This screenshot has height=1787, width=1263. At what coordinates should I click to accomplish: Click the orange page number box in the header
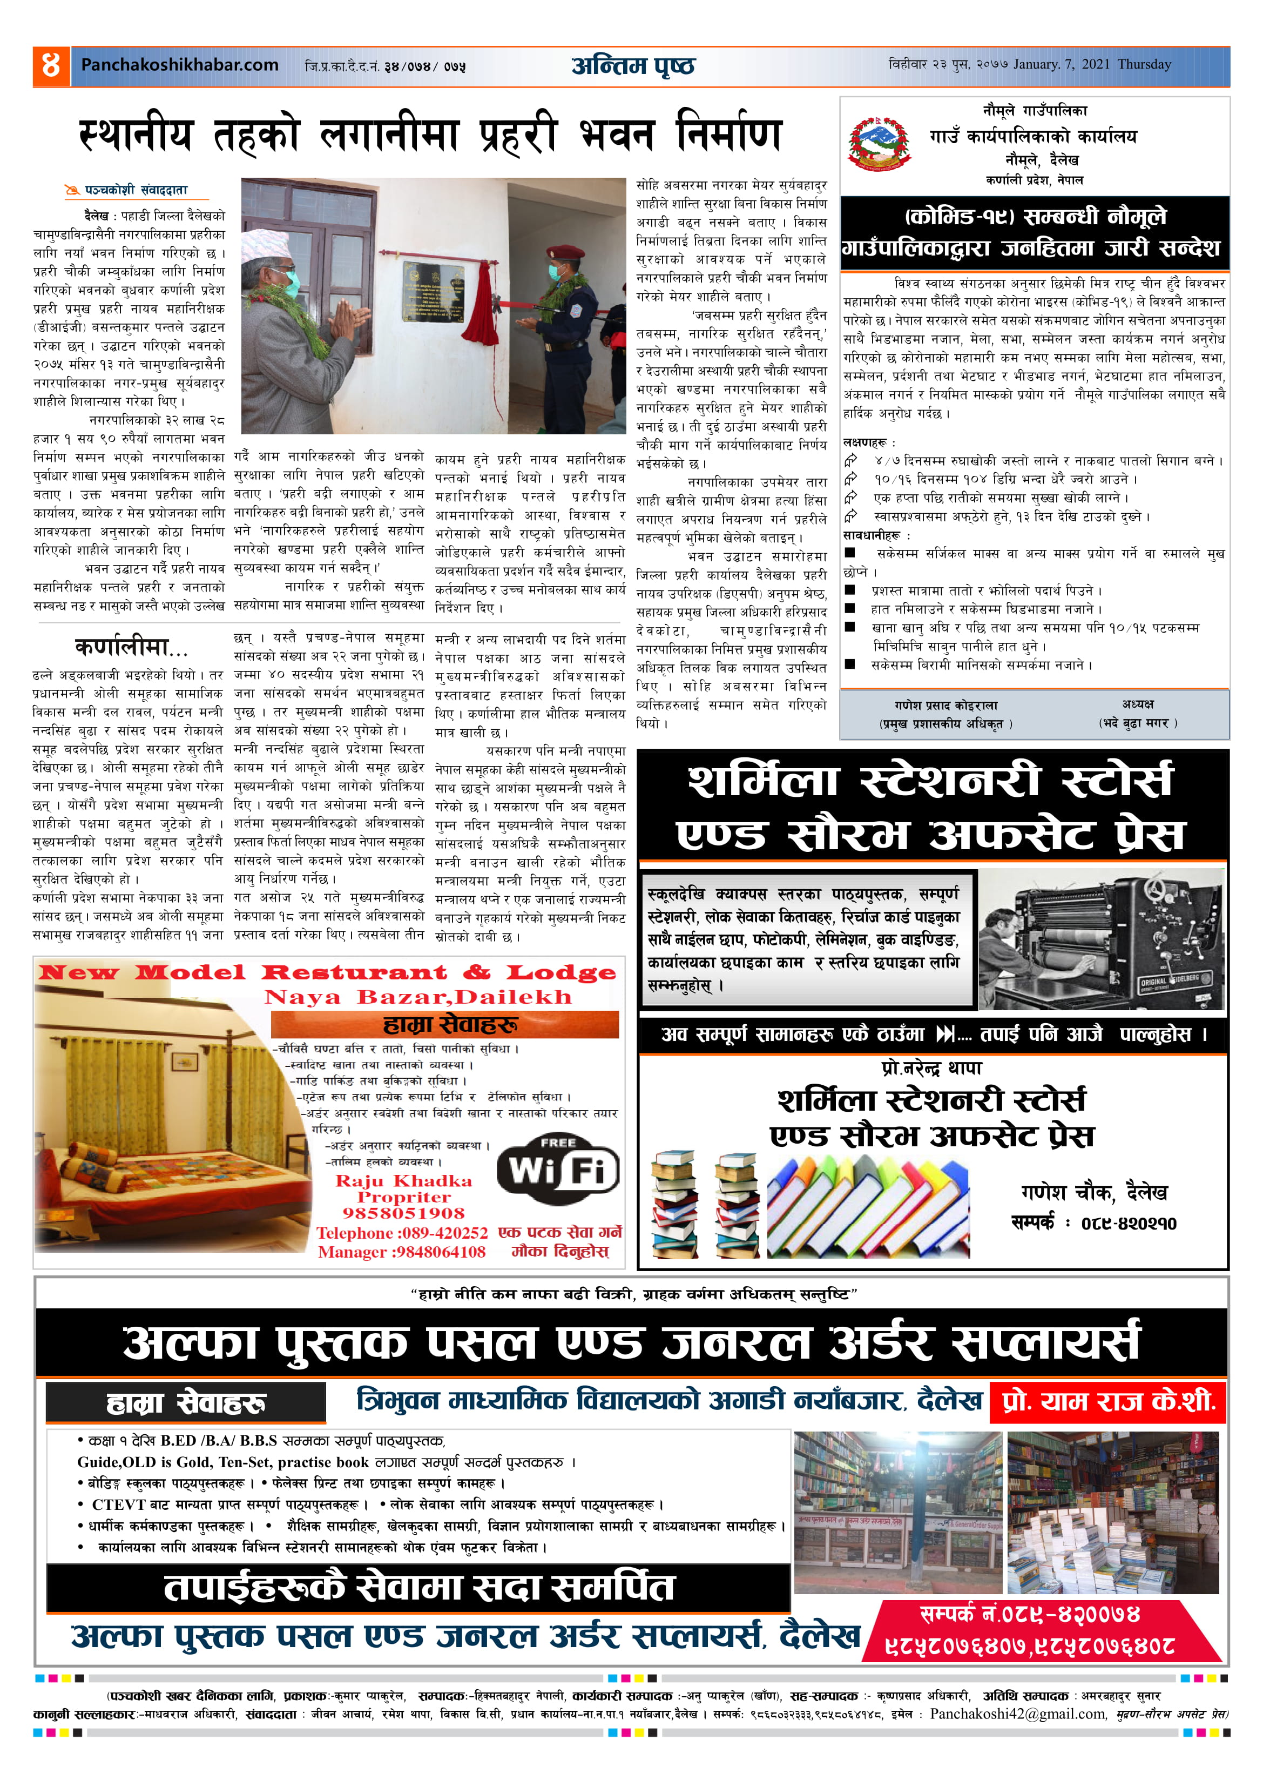point(51,65)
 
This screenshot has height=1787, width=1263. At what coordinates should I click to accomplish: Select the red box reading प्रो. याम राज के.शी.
point(1107,1402)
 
